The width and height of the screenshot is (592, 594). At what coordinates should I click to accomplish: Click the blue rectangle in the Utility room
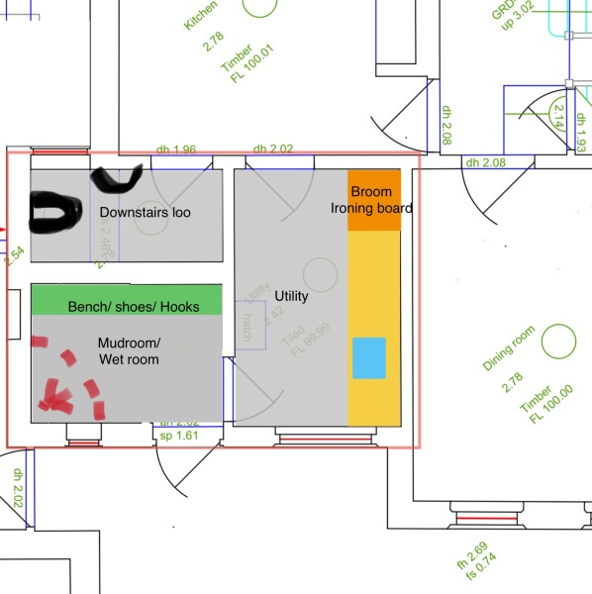pos(368,356)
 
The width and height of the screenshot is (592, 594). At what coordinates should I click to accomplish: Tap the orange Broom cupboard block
pos(373,201)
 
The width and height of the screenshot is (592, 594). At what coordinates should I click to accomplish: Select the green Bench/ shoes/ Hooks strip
pos(126,300)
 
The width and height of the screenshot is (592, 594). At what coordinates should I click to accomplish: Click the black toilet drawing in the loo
pos(55,211)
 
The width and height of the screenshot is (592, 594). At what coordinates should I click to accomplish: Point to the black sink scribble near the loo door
pos(117,178)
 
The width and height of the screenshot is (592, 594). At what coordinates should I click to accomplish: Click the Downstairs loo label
pos(145,213)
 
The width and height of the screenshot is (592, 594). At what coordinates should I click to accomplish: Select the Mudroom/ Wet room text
pos(129,350)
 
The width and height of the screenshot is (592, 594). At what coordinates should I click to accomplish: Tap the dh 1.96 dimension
pos(176,149)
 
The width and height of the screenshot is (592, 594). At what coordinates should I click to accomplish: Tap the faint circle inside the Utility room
pos(320,274)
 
